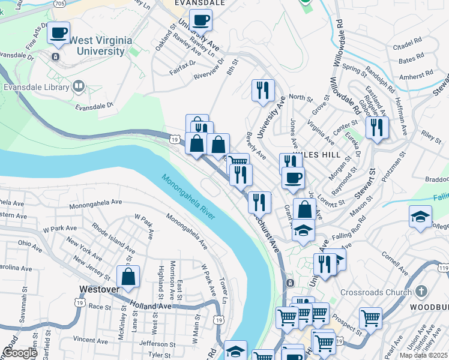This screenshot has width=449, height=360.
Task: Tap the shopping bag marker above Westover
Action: [128, 277]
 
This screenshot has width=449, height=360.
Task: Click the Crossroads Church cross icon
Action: [421, 292]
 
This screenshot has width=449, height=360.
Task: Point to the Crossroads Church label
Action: [375, 292]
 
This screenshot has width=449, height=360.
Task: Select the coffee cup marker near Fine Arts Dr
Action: [59, 33]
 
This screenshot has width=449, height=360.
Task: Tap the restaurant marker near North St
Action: [263, 91]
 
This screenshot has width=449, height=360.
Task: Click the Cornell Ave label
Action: [395, 262]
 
